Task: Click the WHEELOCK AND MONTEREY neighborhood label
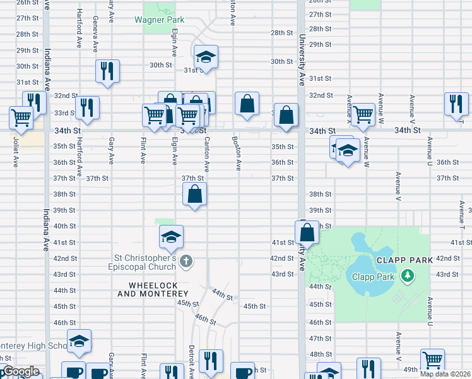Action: (x=153, y=289)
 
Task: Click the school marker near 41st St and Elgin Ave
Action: (x=171, y=237)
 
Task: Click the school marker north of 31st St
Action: (x=206, y=57)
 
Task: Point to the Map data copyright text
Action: (x=445, y=374)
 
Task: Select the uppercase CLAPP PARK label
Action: (x=404, y=260)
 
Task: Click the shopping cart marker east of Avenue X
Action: (x=363, y=115)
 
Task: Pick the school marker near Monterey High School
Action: (x=79, y=341)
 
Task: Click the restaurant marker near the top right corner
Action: (x=456, y=104)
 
